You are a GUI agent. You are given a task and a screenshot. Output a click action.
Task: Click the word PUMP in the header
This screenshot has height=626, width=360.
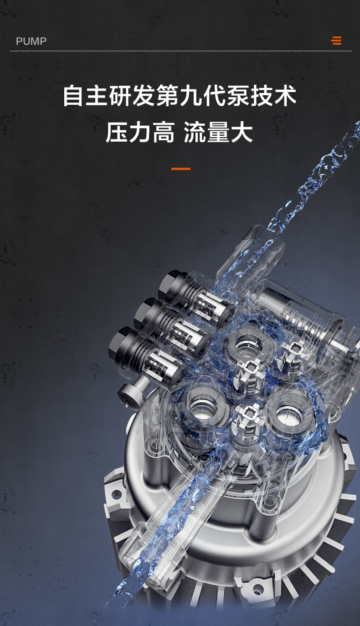(x=31, y=41)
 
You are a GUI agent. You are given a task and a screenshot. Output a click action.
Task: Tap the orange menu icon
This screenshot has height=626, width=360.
(x=336, y=41)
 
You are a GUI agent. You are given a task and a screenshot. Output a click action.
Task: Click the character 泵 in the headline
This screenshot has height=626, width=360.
(x=238, y=96)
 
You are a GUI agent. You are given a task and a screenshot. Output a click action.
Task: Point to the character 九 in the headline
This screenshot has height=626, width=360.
(x=191, y=96)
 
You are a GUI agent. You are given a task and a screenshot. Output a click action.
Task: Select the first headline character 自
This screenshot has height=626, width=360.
(x=74, y=96)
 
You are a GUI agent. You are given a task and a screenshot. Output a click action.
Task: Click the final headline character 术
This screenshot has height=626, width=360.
(x=285, y=96)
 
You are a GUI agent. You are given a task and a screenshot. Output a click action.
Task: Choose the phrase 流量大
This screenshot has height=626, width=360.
(x=218, y=132)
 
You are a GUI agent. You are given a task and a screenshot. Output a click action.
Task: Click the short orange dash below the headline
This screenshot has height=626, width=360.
(x=181, y=169)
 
